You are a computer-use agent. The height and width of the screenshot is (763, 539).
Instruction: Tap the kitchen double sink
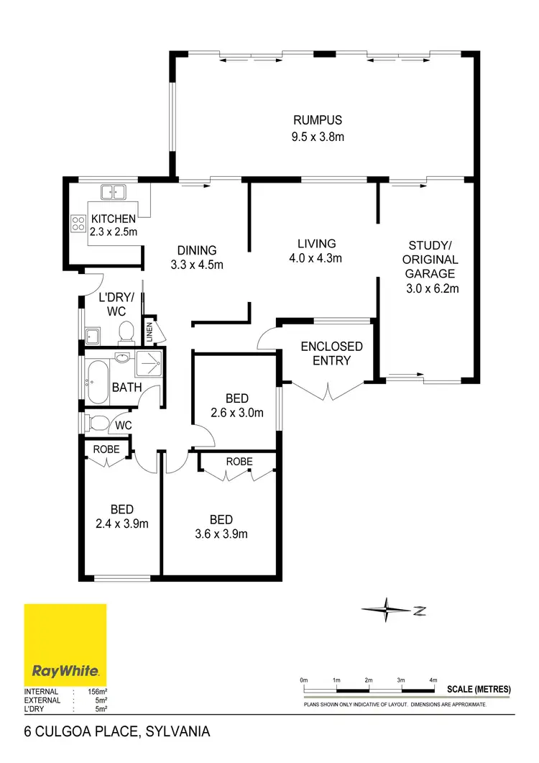(114, 192)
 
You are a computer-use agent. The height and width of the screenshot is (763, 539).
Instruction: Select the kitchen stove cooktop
(77, 224)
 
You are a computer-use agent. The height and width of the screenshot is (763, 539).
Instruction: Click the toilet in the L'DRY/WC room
(126, 332)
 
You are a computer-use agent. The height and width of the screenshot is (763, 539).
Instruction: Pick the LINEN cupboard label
(150, 332)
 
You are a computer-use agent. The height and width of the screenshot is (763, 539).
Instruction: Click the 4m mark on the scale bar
(433, 680)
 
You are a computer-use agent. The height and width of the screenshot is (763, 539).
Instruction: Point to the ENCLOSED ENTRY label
(331, 353)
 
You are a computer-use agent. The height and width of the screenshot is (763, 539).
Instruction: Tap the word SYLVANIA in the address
(178, 733)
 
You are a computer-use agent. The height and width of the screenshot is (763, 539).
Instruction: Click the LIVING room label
(316, 244)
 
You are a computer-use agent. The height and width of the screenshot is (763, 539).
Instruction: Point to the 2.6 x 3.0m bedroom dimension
(237, 413)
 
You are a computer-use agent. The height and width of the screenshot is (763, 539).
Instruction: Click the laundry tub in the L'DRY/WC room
(93, 334)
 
